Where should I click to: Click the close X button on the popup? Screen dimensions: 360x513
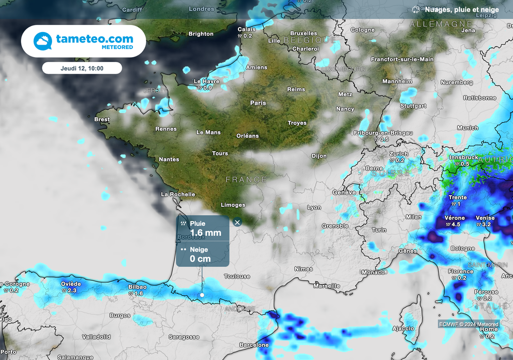(x=237, y=222)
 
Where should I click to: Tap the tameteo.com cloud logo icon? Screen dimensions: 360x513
(x=43, y=41)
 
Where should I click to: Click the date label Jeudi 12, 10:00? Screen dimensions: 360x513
(x=82, y=68)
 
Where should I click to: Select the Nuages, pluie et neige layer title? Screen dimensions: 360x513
(x=461, y=10)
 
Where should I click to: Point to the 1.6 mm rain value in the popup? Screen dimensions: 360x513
(x=205, y=233)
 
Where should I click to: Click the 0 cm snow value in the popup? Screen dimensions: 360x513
(x=200, y=259)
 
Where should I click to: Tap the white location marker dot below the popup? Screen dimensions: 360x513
(x=202, y=295)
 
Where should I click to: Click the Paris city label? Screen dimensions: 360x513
(x=258, y=103)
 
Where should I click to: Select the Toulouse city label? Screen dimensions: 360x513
(x=237, y=276)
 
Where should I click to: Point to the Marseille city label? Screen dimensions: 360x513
(x=327, y=286)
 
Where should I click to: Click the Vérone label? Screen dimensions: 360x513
(x=454, y=218)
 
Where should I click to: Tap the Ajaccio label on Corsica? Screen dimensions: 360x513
(x=403, y=328)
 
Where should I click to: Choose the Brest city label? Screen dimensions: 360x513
(x=102, y=120)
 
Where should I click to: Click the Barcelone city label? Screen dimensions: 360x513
(x=253, y=345)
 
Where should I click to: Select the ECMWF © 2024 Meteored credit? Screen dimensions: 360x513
(x=469, y=324)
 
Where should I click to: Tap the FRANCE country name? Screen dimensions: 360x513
(x=246, y=179)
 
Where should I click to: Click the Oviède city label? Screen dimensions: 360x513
(x=71, y=284)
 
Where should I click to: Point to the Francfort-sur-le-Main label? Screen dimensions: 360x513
(x=402, y=59)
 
